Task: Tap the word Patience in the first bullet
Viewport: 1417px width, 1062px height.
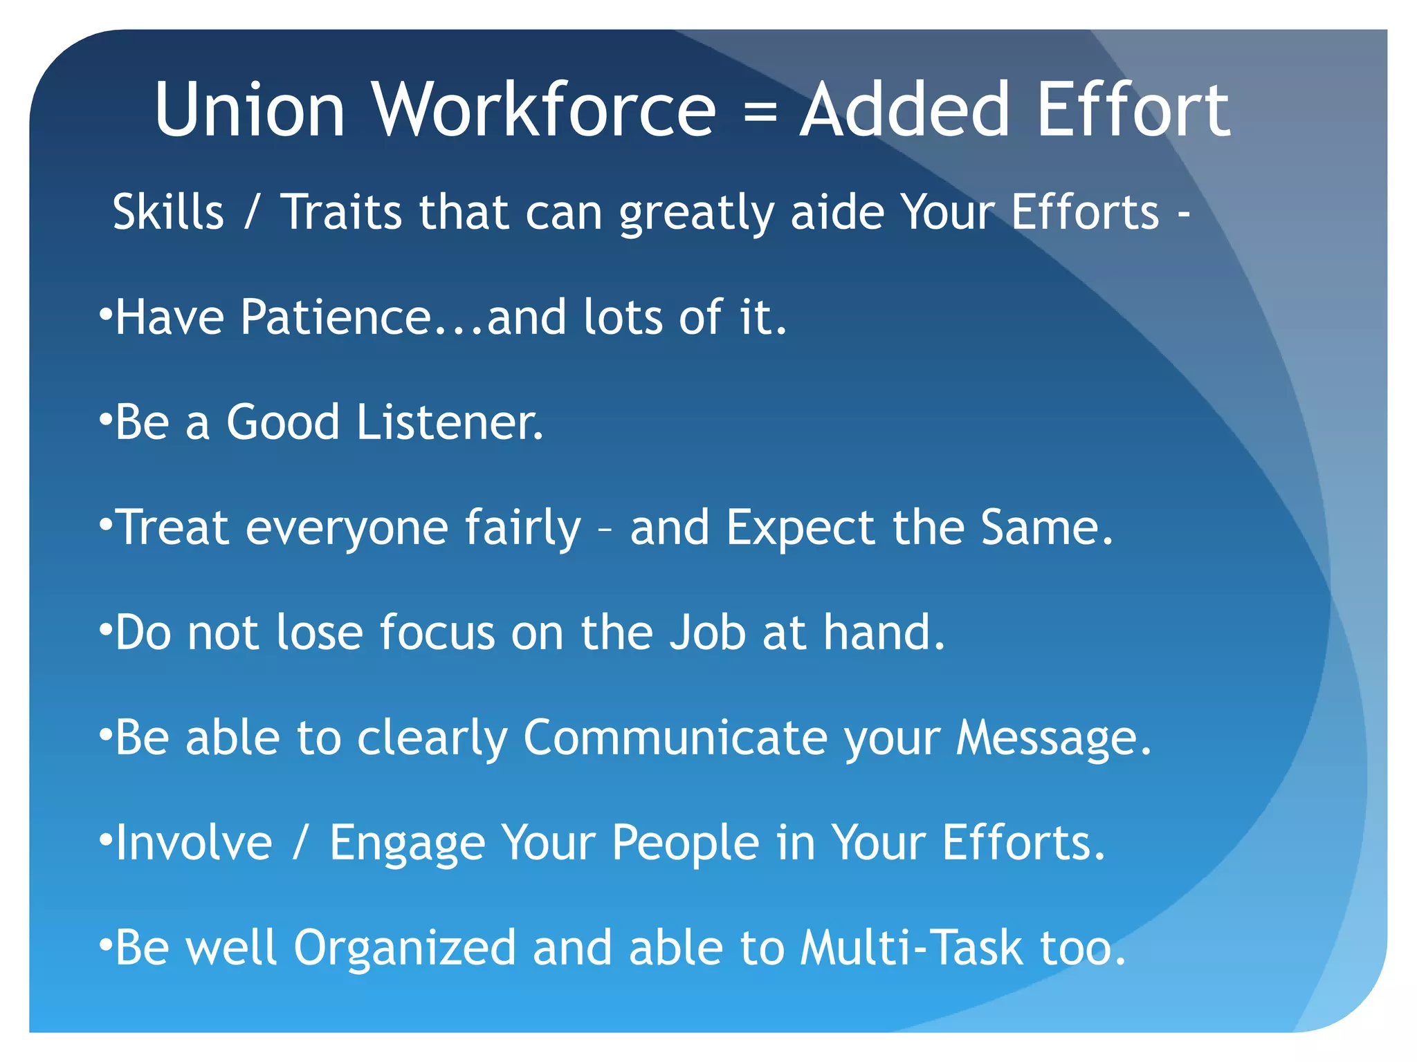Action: (336, 317)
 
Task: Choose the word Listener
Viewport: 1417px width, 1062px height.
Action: (450, 422)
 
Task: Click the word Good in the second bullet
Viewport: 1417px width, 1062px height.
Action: (284, 422)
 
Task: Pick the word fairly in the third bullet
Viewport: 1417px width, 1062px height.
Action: (522, 528)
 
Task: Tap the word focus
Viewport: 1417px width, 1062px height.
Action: (437, 633)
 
